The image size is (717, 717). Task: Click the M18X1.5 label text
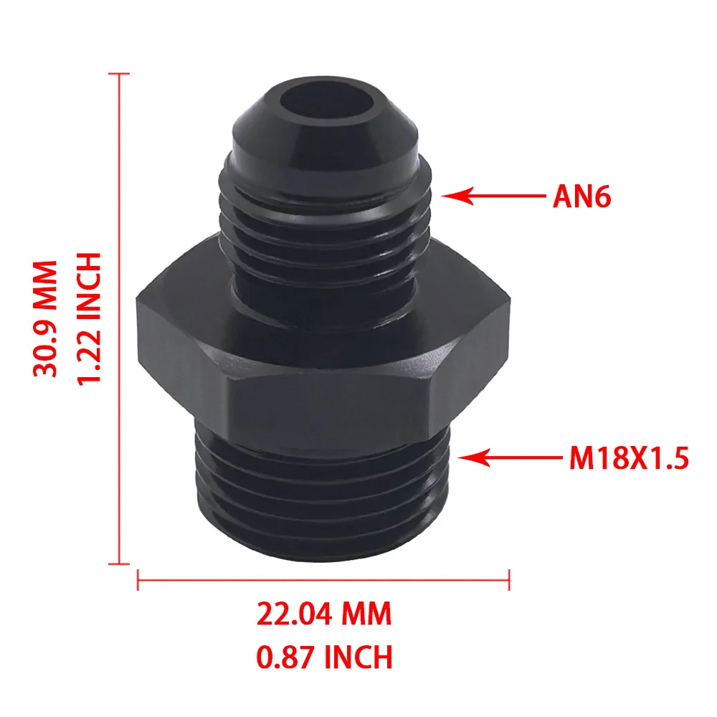[x=629, y=458]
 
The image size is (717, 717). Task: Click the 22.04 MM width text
[x=324, y=614]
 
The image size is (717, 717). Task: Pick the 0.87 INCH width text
[x=324, y=656]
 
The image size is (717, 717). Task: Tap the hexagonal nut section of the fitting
[x=323, y=337]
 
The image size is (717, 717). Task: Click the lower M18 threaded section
[x=323, y=488]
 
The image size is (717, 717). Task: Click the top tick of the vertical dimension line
[x=118, y=73]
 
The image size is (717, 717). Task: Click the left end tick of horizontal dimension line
[x=138, y=579]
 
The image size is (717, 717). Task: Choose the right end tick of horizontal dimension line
[x=508, y=579]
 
